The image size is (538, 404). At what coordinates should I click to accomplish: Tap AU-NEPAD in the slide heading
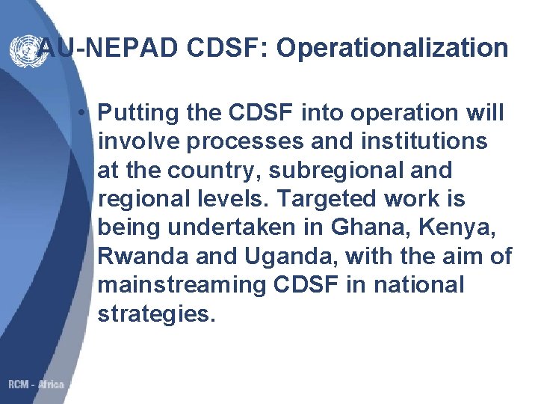pos(98,49)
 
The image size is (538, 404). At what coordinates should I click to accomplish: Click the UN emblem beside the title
pos(22,49)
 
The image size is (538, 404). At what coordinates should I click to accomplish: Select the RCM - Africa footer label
pos(35,385)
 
